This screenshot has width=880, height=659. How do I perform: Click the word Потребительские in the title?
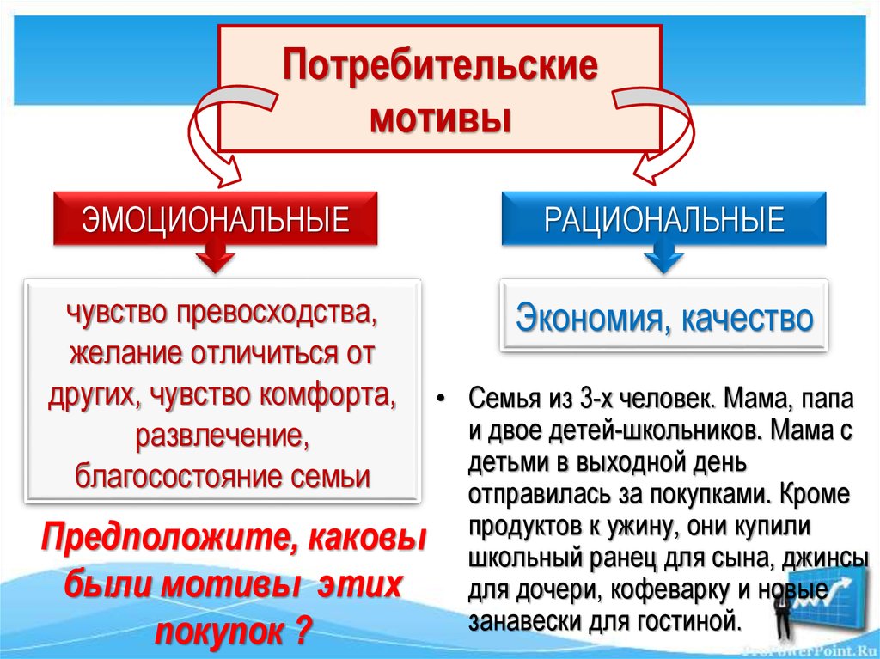pos(440,68)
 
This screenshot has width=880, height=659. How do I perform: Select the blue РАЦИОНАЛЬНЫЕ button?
pos(663,219)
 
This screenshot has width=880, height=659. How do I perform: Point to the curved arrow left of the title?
pos(211,137)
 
